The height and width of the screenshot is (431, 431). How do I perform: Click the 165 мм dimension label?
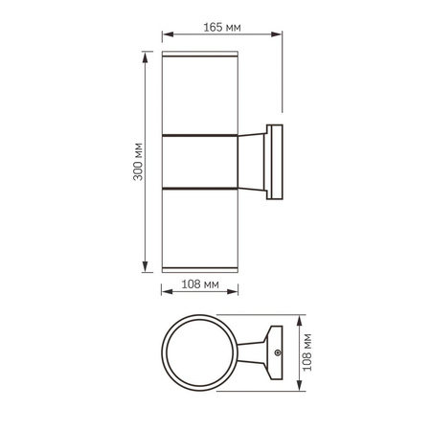point(222,27)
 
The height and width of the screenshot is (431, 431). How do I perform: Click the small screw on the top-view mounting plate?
point(277,355)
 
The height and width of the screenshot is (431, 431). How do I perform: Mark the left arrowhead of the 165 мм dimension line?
point(164,37)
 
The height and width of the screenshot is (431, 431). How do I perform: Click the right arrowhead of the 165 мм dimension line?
point(281,37)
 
